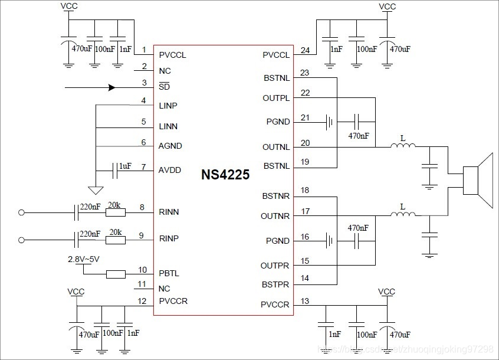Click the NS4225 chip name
[x=225, y=175]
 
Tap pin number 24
[x=305, y=51]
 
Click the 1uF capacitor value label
[x=125, y=166]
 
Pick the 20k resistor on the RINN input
[x=116, y=212]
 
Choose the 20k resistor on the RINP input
[x=116, y=240]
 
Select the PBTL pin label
[x=169, y=274]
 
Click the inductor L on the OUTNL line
[x=403, y=146]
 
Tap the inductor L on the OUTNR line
[x=403, y=215]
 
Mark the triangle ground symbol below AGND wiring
[x=94, y=190]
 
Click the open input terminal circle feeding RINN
[x=22, y=212]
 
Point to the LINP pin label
[x=168, y=106]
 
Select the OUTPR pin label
[x=275, y=266]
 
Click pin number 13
[x=304, y=301]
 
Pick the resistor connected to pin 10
[x=116, y=274]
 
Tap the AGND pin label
[x=170, y=146]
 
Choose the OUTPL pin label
[x=276, y=98]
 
